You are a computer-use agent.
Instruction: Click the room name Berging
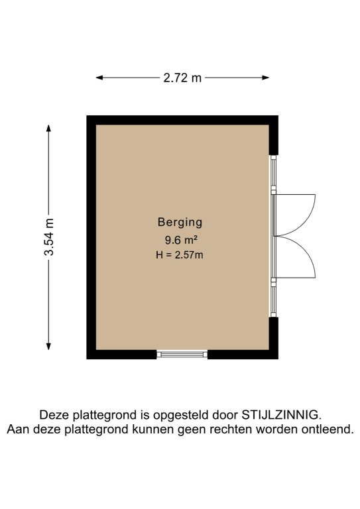180,223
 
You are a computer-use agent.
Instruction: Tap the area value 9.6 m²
181,240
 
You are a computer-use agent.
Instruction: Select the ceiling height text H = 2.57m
180,254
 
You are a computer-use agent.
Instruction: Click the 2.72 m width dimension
182,78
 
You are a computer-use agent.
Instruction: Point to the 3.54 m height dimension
49,237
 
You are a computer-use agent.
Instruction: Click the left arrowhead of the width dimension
99,78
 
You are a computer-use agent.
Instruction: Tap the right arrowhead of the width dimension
266,78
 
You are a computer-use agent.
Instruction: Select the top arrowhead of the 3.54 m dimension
48,129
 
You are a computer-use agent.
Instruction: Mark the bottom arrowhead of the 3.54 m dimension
48,346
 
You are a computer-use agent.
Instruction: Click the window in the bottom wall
182,354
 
